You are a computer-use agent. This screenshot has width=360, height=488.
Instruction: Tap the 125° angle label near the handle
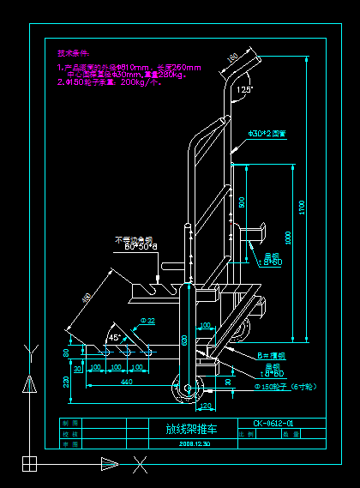click(244, 89)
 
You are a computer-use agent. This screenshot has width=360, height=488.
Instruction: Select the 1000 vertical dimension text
click(288, 237)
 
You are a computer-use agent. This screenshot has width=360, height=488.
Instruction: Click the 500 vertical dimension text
click(242, 202)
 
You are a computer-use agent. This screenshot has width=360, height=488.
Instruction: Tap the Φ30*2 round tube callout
click(267, 134)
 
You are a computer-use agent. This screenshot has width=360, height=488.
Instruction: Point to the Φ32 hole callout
click(147, 321)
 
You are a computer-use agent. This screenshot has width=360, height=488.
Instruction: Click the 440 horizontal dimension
click(126, 381)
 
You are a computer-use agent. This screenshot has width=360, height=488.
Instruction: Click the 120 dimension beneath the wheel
click(205, 405)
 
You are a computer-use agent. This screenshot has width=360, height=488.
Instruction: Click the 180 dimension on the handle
click(231, 58)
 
